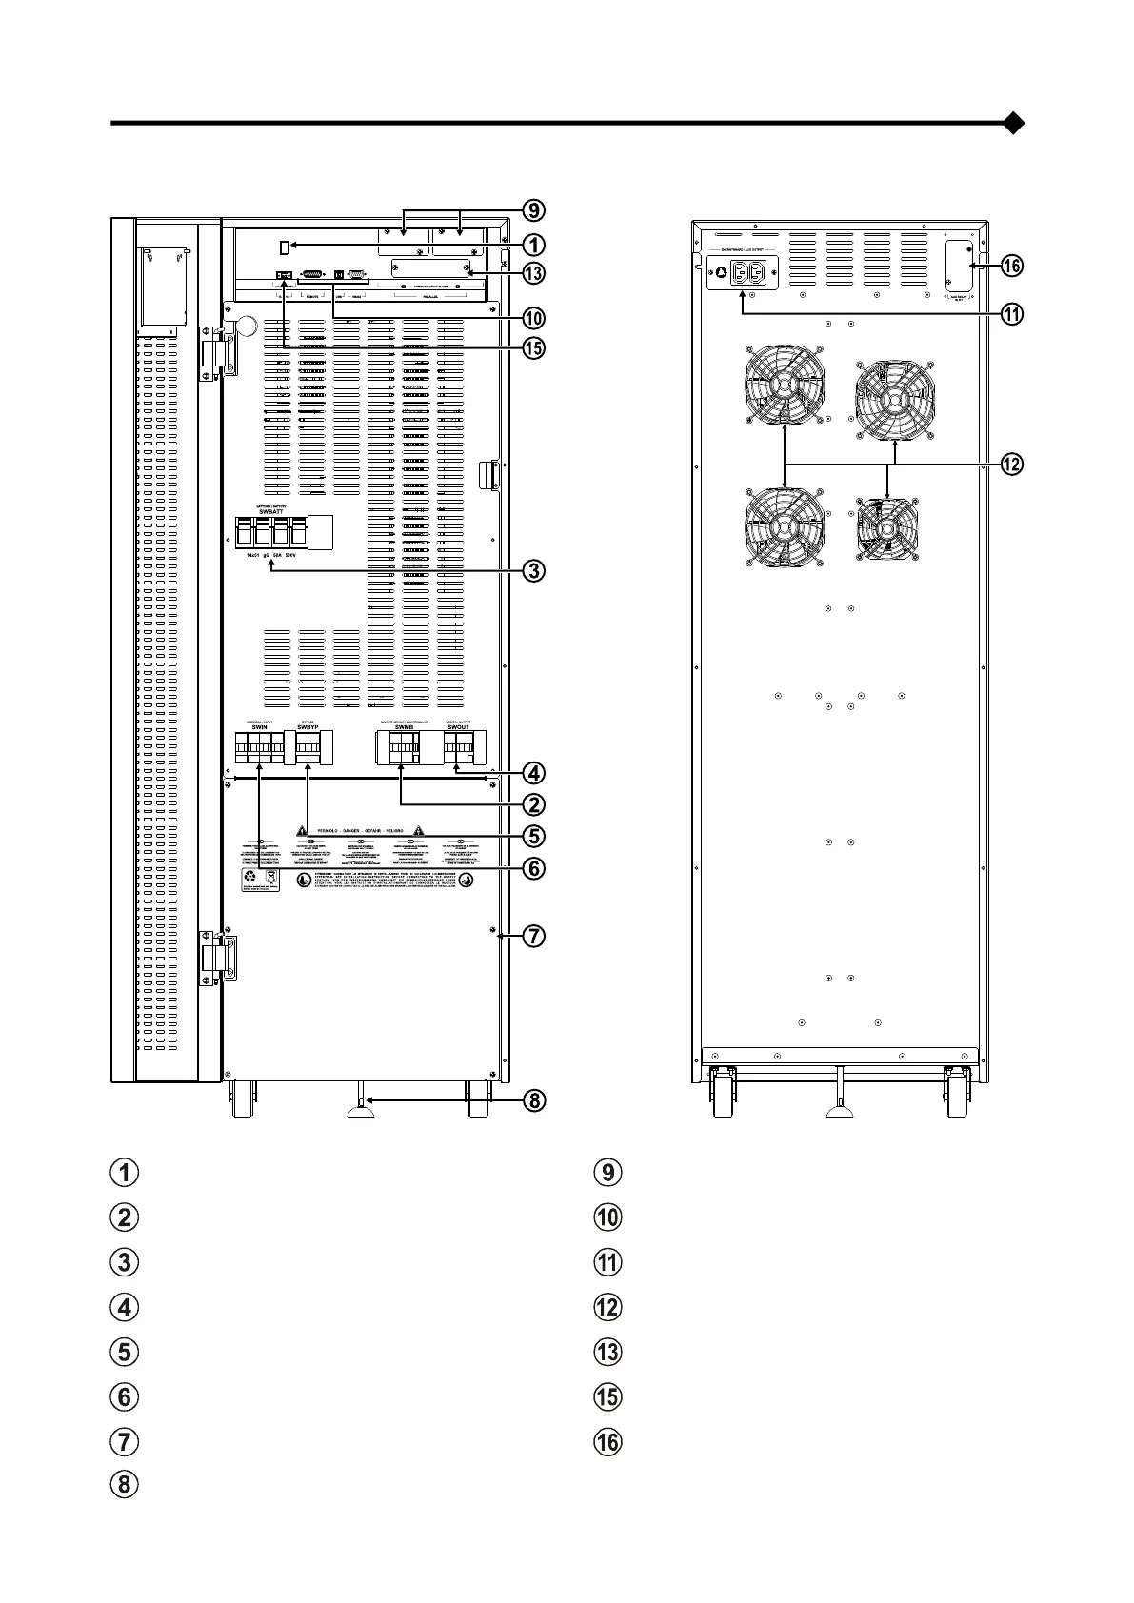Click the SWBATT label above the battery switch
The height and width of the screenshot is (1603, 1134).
[x=271, y=511]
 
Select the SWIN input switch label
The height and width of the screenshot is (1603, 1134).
[x=260, y=726]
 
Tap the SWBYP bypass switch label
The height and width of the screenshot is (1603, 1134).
[x=308, y=726]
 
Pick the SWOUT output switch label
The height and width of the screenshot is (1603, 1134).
[x=458, y=726]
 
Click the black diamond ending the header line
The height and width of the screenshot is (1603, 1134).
[x=1014, y=123]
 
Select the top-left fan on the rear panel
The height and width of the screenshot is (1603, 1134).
[x=783, y=385]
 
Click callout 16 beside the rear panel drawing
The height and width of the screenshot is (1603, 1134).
[x=1011, y=266]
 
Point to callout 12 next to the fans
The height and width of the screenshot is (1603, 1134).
[x=1011, y=465]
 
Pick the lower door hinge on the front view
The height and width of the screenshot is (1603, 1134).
[x=217, y=957]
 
